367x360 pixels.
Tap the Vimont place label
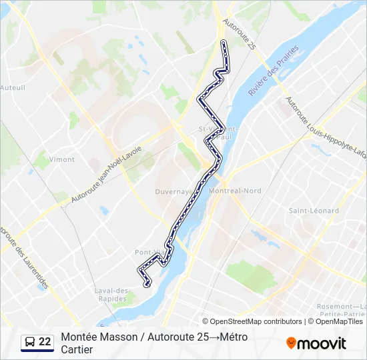62,159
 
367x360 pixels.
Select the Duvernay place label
172,191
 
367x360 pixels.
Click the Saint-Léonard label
314,211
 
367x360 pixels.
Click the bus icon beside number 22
29,343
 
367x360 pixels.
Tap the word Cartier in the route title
77,349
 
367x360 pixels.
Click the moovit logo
316,343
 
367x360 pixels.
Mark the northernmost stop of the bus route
223,43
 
